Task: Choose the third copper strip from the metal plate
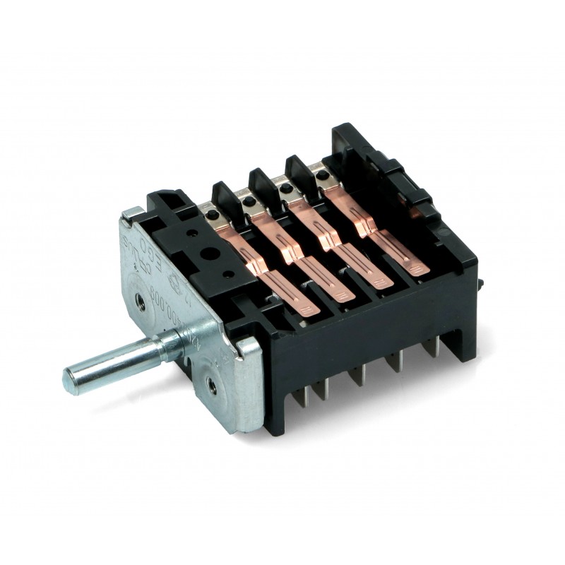pos(344,245)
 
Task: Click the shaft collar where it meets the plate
pos(169,346)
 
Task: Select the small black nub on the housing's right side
pos(480,282)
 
